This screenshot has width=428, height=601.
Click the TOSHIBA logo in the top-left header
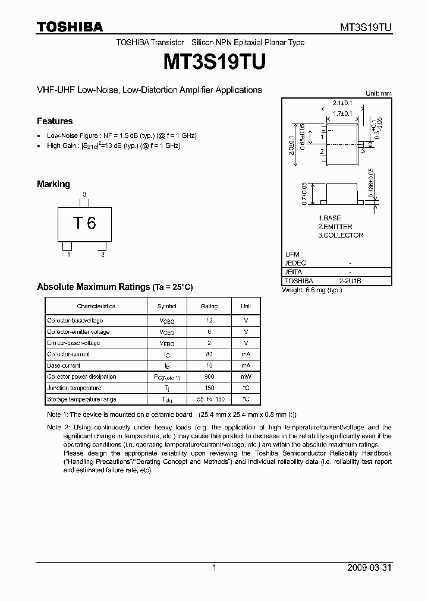pyautogui.click(x=70, y=27)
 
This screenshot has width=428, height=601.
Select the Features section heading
pyautogui.click(x=55, y=121)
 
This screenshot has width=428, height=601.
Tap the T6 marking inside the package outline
pyautogui.click(x=84, y=223)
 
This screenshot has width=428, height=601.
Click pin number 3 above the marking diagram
pyautogui.click(x=84, y=195)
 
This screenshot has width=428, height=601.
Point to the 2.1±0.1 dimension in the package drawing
pyautogui.click(x=342, y=103)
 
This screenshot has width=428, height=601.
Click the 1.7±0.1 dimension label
pyautogui.click(x=342, y=113)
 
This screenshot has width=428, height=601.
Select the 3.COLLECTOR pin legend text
pyautogui.click(x=340, y=235)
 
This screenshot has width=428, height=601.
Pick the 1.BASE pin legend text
pyautogui.click(x=329, y=219)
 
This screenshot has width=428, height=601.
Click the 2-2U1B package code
pyautogui.click(x=350, y=281)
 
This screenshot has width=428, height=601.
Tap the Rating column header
pyautogui.click(x=209, y=306)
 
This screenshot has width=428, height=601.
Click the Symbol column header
pyautogui.click(x=166, y=306)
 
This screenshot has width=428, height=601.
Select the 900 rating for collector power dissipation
pyautogui.click(x=209, y=377)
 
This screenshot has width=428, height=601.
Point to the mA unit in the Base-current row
pyautogui.click(x=246, y=366)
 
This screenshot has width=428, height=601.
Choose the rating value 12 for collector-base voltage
pyautogui.click(x=209, y=321)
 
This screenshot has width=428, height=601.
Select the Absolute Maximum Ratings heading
pyautogui.click(x=115, y=287)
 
